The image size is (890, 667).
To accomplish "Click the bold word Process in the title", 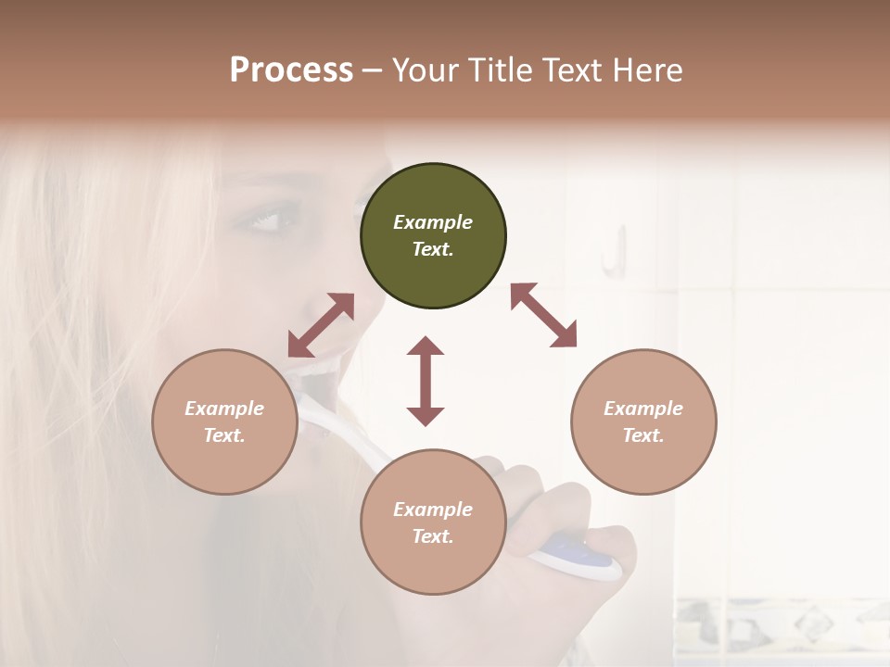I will click(x=291, y=69).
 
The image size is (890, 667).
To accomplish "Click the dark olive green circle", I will click(x=433, y=236).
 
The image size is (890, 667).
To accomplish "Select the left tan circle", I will click(x=224, y=422).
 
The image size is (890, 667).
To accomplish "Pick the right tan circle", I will click(x=643, y=422).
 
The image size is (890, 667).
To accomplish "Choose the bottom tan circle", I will click(x=433, y=522).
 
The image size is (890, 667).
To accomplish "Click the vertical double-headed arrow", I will click(x=426, y=381).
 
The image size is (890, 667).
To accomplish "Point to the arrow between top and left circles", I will click(x=321, y=325).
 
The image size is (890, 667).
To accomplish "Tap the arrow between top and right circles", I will click(x=543, y=315).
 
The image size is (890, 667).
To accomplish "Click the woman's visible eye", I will click(x=262, y=221).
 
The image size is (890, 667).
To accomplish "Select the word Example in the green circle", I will click(x=433, y=222).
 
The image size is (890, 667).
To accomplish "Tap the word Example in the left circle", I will click(x=224, y=409).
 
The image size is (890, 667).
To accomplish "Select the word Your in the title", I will click(x=424, y=69).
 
